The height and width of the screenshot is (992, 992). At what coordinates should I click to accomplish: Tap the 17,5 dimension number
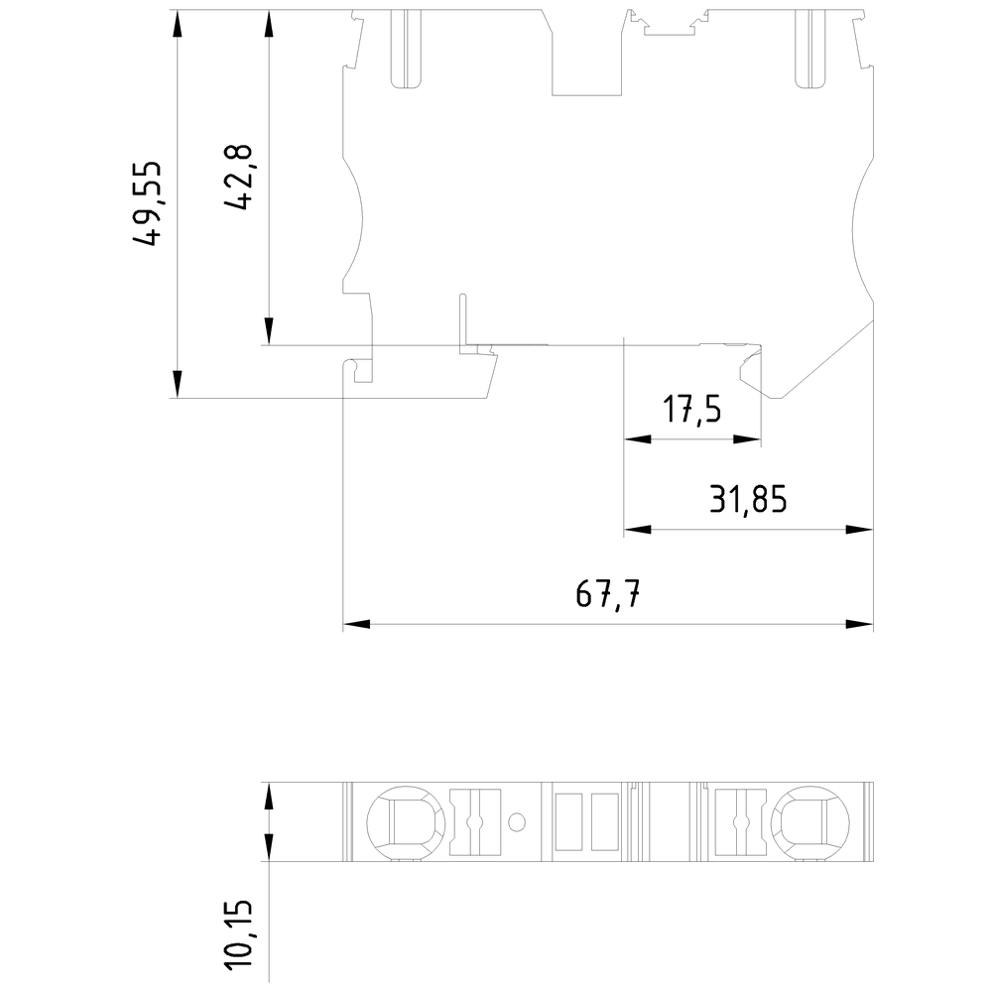coord(691,410)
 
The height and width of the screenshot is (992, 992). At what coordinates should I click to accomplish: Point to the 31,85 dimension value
coord(748,499)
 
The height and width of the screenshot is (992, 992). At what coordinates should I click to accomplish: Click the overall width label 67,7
coord(608,596)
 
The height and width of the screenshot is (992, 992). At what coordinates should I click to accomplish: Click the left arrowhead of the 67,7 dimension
coord(355,625)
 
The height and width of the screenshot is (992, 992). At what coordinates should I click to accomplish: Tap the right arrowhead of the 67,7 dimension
coord(859,625)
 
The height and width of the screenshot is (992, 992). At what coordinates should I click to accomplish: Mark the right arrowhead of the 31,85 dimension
coord(859,530)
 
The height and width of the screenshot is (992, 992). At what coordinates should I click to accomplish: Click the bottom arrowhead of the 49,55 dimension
coord(177,384)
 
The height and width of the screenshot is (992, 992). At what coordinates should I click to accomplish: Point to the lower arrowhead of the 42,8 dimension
coord(269,330)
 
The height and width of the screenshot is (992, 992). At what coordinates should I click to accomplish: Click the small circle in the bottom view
coord(517,822)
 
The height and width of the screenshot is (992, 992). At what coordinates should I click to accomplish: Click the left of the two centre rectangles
coord(568,821)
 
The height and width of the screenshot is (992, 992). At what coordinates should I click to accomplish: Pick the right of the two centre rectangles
coord(604,821)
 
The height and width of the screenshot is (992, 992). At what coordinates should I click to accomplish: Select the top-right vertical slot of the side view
coord(810,50)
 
